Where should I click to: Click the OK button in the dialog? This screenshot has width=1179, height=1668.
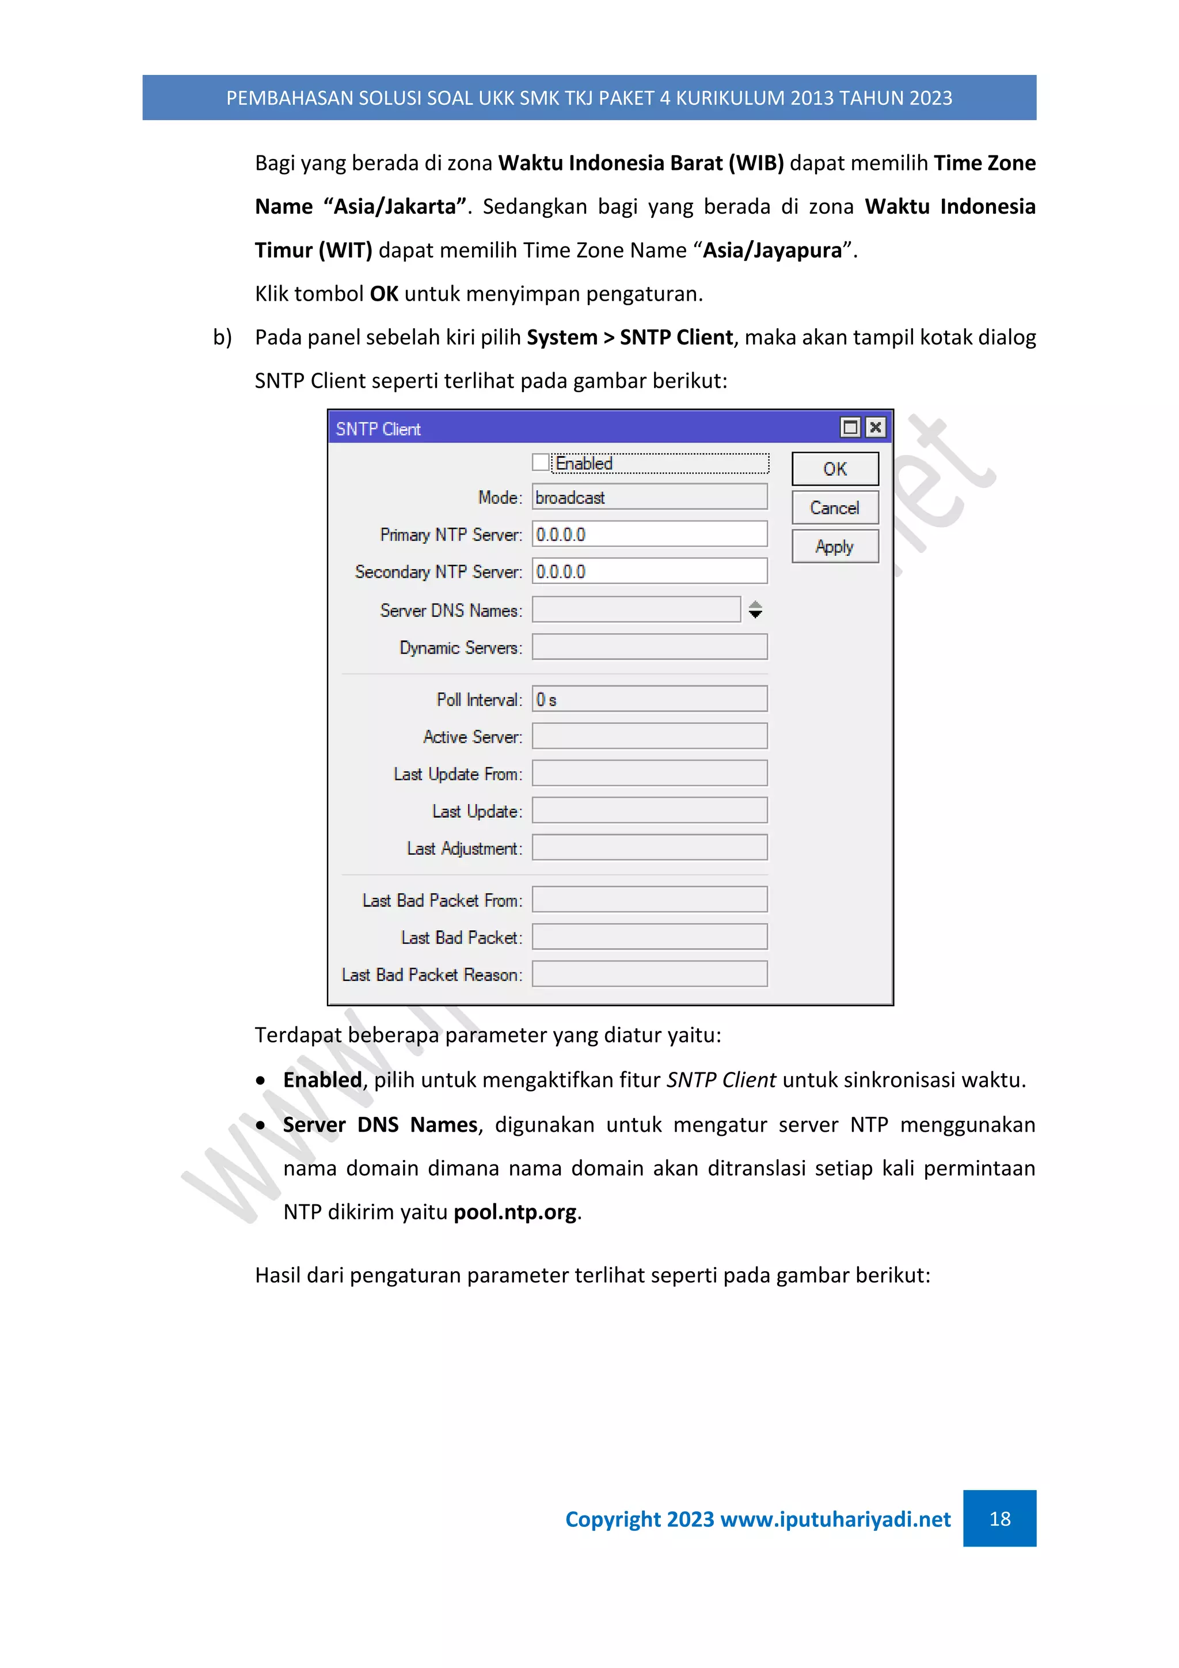tap(835, 469)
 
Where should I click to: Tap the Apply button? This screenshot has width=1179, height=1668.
tap(835, 547)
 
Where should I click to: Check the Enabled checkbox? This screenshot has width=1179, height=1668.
tap(540, 462)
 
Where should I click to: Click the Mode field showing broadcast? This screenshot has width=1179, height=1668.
tap(649, 497)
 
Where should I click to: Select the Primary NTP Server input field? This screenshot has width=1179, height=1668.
tap(649, 534)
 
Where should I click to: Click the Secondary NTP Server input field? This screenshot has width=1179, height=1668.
tap(649, 571)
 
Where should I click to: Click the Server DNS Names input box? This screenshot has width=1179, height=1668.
tap(636, 609)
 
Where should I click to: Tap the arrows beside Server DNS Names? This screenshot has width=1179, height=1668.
tap(755, 609)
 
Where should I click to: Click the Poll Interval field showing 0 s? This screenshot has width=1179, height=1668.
tap(649, 699)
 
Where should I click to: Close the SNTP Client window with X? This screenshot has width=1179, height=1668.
tap(876, 427)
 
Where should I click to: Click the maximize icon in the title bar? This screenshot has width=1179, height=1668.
tap(850, 427)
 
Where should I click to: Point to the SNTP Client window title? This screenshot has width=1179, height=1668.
tap(378, 429)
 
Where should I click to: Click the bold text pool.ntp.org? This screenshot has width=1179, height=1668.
tap(515, 1212)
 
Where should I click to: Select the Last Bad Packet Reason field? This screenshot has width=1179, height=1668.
tap(649, 973)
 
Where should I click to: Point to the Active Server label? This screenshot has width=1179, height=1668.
tap(472, 737)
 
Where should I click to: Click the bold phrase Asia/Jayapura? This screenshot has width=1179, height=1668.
tap(773, 250)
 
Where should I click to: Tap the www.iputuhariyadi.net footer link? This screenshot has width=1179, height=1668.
tap(835, 1518)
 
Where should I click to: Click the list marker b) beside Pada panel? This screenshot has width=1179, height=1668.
tap(222, 337)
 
